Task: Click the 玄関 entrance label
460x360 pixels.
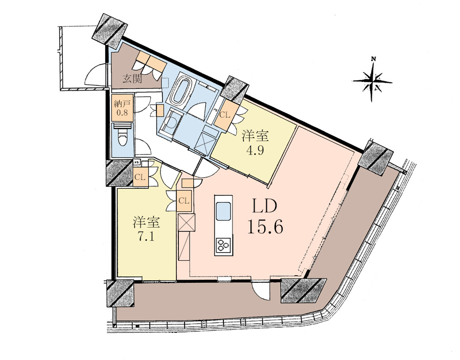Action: pos(132,79)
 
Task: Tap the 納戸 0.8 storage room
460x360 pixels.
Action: pos(123,107)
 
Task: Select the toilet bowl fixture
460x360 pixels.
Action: pos(122,139)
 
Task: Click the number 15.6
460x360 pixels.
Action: pos(265,227)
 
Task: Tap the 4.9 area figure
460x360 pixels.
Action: pos(255,150)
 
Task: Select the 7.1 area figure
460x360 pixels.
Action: pos(146,236)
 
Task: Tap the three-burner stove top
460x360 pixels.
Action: pos(223,245)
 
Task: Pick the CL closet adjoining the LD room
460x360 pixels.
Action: pos(185,201)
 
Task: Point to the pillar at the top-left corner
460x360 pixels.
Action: pos(110,29)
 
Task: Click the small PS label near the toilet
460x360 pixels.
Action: pos(136,162)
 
